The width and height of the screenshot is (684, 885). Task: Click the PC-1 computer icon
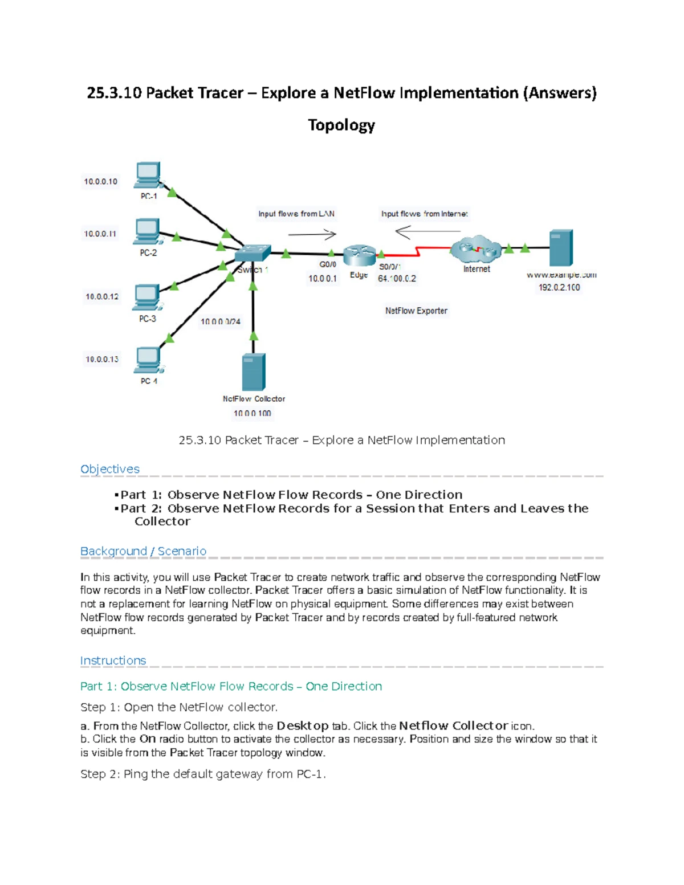(x=148, y=174)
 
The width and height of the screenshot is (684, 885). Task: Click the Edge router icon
(x=359, y=255)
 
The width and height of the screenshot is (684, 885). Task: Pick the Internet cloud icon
(x=476, y=248)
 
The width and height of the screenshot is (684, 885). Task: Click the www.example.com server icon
(x=561, y=248)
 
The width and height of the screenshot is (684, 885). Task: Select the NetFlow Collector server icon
(x=254, y=372)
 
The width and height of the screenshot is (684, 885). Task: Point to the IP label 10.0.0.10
(x=101, y=182)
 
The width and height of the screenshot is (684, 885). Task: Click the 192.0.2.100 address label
(x=559, y=288)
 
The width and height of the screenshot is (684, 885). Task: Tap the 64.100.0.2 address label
(x=397, y=279)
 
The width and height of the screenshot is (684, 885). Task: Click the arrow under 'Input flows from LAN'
(x=312, y=234)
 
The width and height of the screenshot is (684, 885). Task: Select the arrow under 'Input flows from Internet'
(x=427, y=231)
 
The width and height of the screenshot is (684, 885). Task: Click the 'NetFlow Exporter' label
(x=416, y=311)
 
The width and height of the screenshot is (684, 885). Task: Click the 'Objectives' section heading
(x=110, y=469)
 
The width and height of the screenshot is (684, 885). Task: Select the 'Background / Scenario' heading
(x=143, y=551)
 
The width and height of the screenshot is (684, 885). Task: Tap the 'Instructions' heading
(x=113, y=660)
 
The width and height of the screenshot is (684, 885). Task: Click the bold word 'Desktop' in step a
(x=303, y=726)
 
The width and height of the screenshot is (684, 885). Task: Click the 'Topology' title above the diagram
(x=341, y=125)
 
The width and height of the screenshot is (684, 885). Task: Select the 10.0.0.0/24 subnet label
(x=221, y=322)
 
